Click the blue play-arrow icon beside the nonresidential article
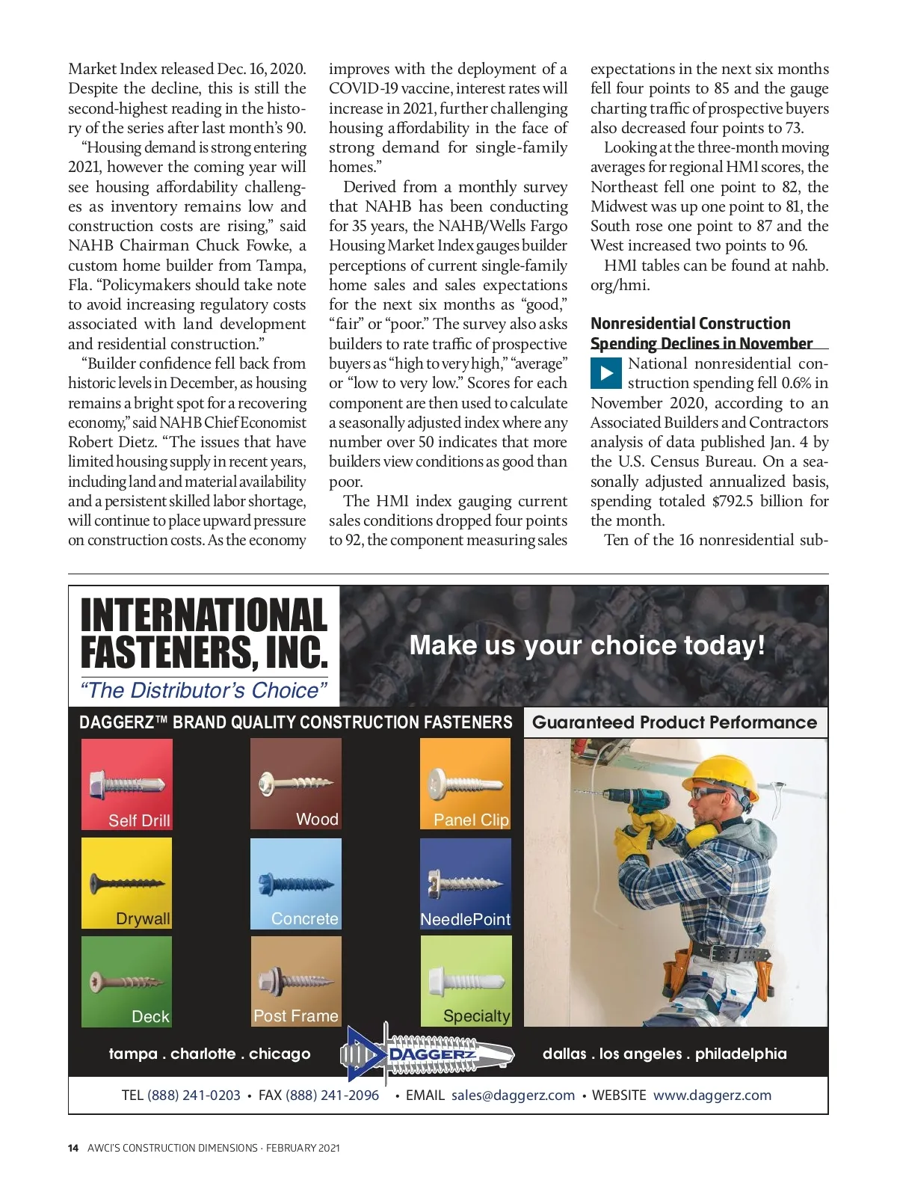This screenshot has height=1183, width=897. (x=605, y=373)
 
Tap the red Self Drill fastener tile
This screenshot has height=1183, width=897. (x=126, y=784)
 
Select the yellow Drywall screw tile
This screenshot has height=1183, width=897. (x=126, y=883)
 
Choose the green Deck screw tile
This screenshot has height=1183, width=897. (x=126, y=981)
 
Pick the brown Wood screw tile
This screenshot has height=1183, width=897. (x=296, y=783)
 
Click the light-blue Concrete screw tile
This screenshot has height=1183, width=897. (x=296, y=883)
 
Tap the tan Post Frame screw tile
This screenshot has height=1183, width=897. (x=296, y=981)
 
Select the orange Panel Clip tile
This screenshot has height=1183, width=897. (x=466, y=783)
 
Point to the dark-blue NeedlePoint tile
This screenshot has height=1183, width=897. (x=466, y=883)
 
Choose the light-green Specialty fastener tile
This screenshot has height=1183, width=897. (x=466, y=981)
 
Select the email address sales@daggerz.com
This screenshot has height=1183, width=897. (x=513, y=1096)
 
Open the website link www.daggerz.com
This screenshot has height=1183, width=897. (x=712, y=1096)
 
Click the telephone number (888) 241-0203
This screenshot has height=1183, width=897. (x=194, y=1096)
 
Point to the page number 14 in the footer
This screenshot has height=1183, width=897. (x=73, y=1148)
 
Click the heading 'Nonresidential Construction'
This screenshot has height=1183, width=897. (x=690, y=324)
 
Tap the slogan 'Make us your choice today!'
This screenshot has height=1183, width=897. (x=587, y=645)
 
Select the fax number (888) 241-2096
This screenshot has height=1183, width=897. (x=332, y=1096)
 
